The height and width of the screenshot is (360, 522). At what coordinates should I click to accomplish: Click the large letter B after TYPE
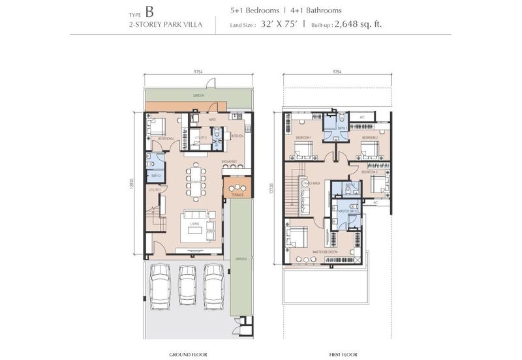(151, 12)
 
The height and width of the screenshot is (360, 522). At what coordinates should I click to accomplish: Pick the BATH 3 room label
(155, 175)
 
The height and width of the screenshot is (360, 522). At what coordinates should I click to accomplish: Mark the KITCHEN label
(238, 136)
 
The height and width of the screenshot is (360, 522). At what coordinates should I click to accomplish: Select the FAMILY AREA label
(309, 185)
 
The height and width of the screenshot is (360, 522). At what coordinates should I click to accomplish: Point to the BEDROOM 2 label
(369, 138)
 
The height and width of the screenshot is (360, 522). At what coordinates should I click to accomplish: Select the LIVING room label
(194, 224)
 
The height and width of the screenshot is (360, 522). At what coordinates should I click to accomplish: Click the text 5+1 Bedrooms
(254, 11)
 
